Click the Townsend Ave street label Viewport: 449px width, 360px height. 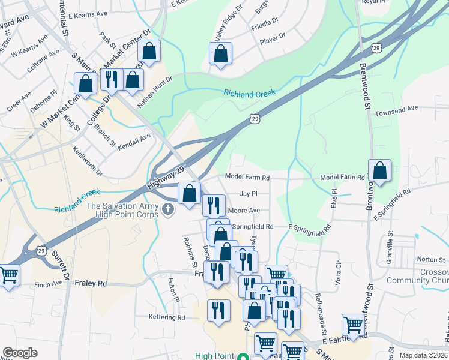click(396, 109)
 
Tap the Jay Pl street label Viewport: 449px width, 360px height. click(249, 194)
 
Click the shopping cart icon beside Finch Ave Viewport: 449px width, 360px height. click(8, 276)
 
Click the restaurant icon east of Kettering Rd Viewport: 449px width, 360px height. click(218, 310)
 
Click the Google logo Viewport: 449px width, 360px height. click(20, 353)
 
